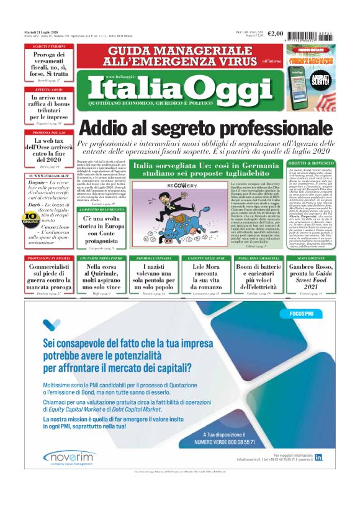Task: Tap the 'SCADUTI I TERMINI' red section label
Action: point(49,47)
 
